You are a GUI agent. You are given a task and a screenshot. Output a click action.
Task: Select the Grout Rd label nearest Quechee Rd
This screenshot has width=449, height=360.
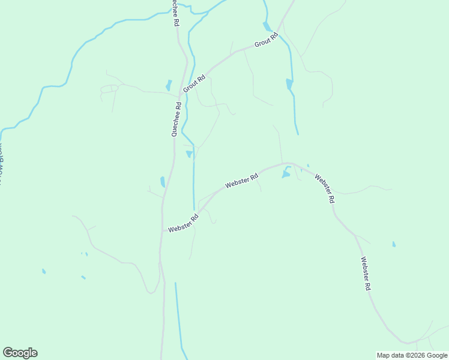click(x=194, y=83)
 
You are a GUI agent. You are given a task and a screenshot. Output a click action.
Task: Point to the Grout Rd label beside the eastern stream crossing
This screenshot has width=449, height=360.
click(x=267, y=41)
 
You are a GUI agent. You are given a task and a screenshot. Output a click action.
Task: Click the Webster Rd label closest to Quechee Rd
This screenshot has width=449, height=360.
click(x=184, y=224)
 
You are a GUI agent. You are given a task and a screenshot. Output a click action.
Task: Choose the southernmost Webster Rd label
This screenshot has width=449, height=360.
click(x=366, y=274)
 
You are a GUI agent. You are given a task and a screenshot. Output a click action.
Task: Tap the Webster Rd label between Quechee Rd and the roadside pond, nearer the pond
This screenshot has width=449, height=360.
click(x=241, y=181)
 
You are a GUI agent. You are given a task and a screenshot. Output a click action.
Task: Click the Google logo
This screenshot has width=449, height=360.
click(x=20, y=353)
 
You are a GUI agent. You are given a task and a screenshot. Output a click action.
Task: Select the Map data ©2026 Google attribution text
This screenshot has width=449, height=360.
click(x=412, y=355)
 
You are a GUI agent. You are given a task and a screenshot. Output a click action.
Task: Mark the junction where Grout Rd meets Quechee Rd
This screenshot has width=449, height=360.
click(x=179, y=96)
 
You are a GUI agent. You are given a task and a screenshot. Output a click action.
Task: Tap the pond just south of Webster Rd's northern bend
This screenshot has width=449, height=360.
click(x=286, y=173)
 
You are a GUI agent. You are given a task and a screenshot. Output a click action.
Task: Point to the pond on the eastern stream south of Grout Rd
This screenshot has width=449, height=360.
click(x=289, y=84)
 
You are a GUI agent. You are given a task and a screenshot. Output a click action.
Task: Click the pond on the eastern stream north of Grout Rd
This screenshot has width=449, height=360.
click(x=267, y=26)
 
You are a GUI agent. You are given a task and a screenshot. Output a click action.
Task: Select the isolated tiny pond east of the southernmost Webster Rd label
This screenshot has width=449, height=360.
click(x=394, y=244)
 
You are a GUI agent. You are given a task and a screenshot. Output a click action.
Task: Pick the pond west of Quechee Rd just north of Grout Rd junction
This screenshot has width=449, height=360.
click(x=169, y=85)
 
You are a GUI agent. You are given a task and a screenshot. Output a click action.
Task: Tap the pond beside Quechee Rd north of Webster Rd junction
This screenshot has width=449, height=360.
click(x=163, y=181)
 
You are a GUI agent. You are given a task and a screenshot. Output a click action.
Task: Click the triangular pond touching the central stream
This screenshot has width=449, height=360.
click(x=190, y=154)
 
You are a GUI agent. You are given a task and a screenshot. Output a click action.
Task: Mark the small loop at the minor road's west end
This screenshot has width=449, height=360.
click(x=109, y=89)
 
